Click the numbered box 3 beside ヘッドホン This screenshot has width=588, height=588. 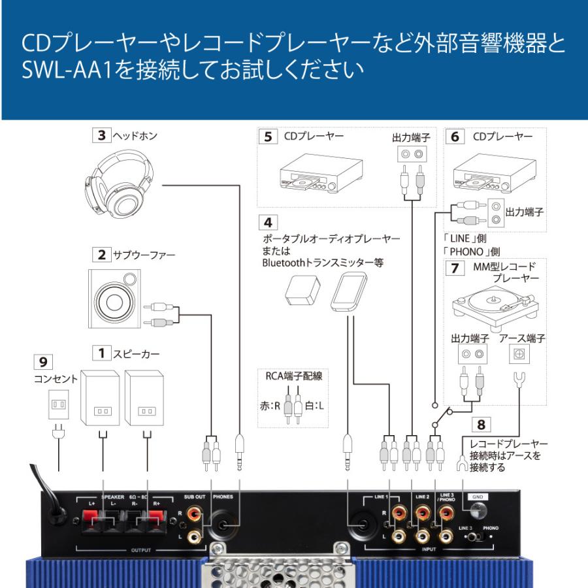(x=101, y=137)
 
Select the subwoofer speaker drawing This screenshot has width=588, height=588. (x=114, y=299)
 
